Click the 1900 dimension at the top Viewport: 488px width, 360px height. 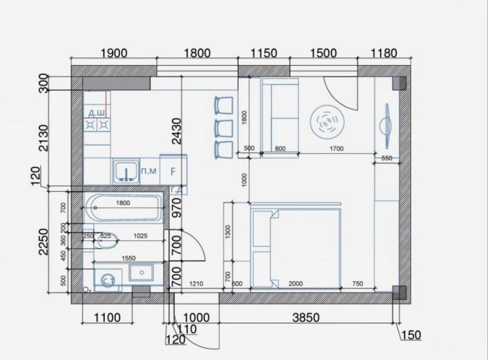pos(114,53)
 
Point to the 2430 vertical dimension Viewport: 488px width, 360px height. pos(176,131)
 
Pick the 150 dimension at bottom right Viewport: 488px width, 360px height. pos(410,335)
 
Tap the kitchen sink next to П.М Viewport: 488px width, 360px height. pos(126,171)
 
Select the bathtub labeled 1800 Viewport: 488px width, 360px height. pos(123,207)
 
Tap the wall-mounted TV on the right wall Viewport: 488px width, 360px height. pos(386,124)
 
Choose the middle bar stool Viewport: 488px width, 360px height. pos(224,128)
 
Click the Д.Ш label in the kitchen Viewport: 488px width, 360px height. pos(96,114)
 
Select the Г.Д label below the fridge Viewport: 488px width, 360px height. pos(176,189)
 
